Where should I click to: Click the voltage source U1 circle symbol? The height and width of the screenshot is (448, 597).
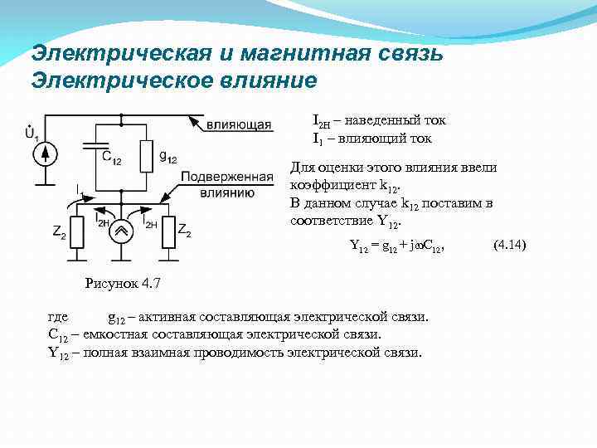coord(47,153)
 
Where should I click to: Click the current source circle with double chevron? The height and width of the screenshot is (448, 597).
coord(122,230)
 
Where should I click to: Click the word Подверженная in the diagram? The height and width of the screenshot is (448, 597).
coord(227,178)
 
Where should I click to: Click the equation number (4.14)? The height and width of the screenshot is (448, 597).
coord(509,246)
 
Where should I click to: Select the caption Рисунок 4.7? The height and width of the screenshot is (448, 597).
coord(123,285)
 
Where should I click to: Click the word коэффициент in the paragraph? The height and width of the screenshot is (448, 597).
coord(328,184)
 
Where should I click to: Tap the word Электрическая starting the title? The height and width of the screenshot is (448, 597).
coord(121,54)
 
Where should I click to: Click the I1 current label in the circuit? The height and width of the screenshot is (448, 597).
coord(80,191)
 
